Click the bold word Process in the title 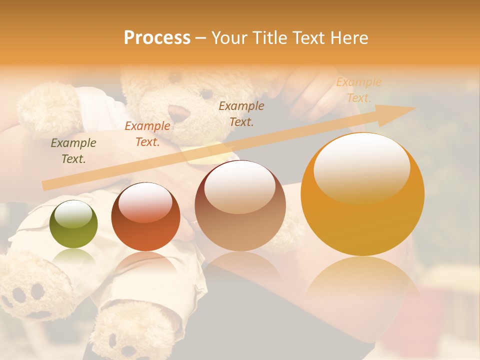[157, 38]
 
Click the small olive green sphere [74, 224]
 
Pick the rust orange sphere [145, 217]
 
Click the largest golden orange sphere [362, 195]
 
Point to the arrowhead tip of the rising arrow [414, 107]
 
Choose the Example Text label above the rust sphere [147, 134]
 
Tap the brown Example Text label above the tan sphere [241, 113]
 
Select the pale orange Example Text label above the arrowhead [359, 90]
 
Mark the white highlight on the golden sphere [362, 165]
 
